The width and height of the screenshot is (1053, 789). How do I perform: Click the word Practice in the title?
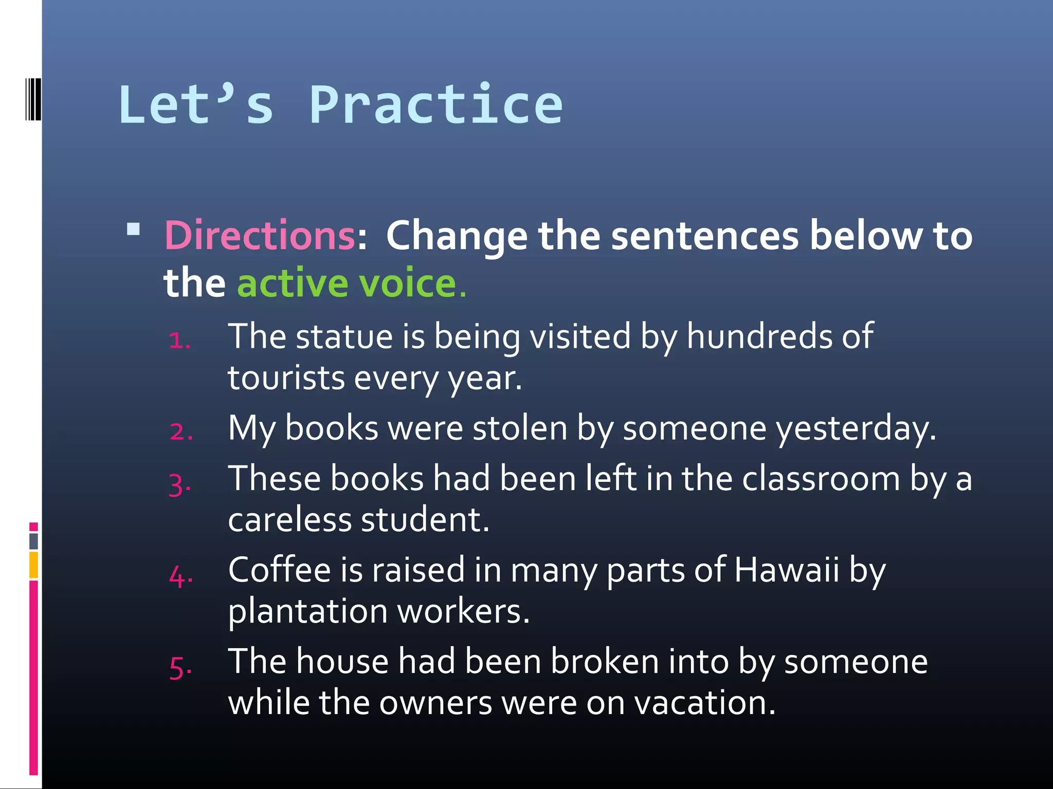pos(436,105)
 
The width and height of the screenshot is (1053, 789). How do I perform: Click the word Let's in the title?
pos(195,105)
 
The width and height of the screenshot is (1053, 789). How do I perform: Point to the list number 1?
pos(179,340)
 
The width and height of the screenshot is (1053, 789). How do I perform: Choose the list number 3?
pos(179,484)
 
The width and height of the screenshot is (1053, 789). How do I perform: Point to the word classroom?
pos(821,479)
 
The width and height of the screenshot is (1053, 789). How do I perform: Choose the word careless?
pos(289,520)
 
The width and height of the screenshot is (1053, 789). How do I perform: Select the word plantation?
pos(307,612)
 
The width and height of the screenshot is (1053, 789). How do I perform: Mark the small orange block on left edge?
pos(33,565)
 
